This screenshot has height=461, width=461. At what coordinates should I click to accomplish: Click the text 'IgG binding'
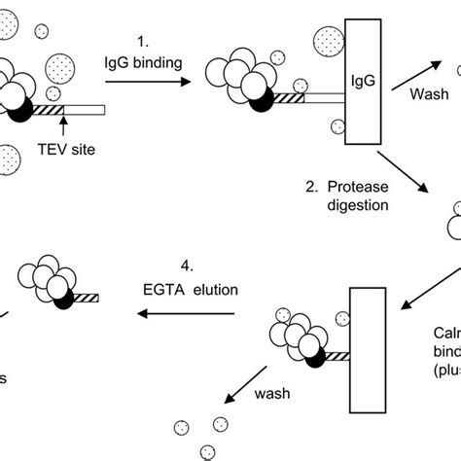click(140, 65)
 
